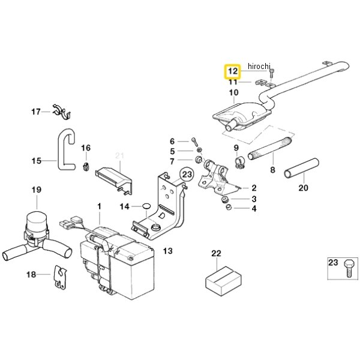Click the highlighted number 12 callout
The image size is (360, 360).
(233, 71)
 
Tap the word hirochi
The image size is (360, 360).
(259, 66)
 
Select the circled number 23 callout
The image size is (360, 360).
(187, 175)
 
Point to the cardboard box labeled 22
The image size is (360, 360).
(223, 281)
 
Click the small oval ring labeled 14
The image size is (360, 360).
(146, 206)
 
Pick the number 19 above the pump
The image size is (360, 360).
(37, 190)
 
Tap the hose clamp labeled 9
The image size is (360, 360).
(240, 163)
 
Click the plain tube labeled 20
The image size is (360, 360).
(301, 168)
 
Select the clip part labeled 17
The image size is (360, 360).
(62, 112)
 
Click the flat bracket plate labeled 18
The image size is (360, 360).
(61, 277)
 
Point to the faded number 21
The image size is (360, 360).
(119, 155)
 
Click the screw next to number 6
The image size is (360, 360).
(194, 142)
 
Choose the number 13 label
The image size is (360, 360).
(167, 251)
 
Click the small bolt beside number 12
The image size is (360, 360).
(272, 73)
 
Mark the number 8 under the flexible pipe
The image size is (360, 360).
(272, 170)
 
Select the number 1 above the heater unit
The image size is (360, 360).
(99, 206)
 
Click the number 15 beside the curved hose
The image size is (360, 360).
(36, 161)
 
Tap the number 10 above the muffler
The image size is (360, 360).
(234, 92)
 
